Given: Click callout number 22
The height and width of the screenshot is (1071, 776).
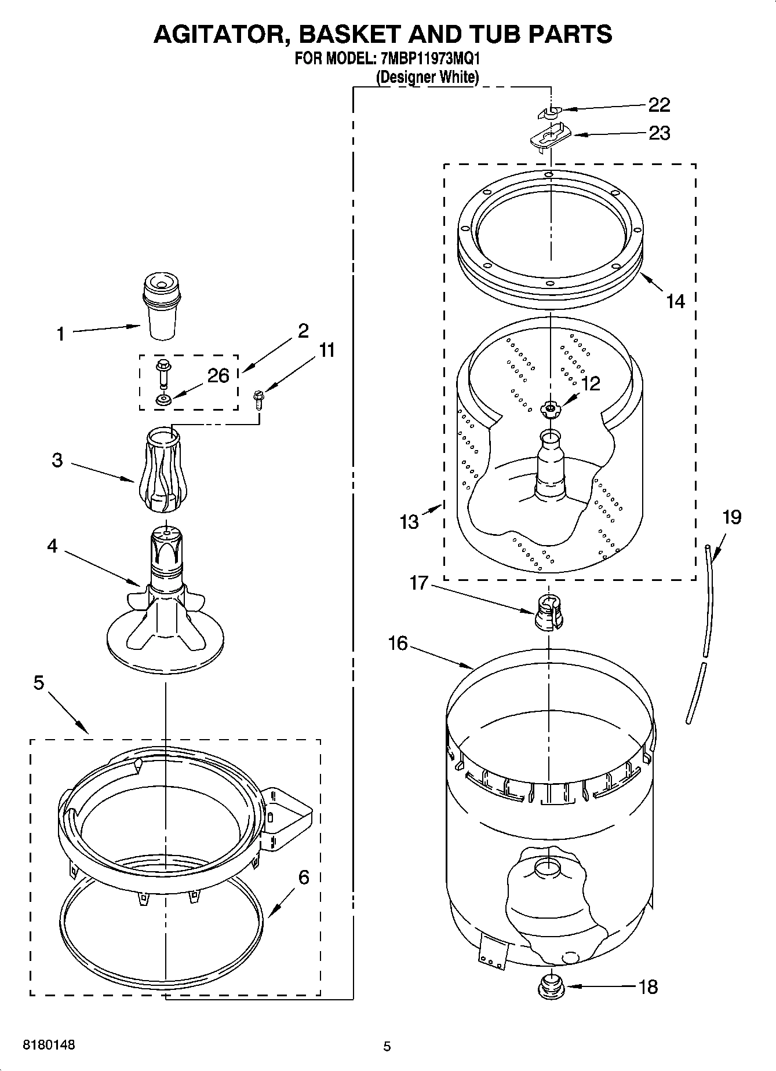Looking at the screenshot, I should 659,105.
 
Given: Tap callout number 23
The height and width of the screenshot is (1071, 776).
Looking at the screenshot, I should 659,133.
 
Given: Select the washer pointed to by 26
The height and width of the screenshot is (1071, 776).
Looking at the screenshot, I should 162,399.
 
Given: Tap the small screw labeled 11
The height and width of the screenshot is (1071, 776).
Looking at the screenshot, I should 258,400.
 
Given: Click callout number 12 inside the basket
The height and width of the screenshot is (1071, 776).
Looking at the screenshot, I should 591,383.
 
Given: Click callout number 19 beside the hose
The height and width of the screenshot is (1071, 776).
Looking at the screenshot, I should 732,517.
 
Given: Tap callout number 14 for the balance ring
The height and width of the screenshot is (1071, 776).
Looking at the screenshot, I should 675,301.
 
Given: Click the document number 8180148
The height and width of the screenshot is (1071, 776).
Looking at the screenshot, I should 49,1045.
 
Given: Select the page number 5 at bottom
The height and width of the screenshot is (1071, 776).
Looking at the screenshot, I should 387,1046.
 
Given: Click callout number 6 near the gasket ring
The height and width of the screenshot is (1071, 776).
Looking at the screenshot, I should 304,877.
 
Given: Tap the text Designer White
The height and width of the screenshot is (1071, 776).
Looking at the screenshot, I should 428,77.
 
